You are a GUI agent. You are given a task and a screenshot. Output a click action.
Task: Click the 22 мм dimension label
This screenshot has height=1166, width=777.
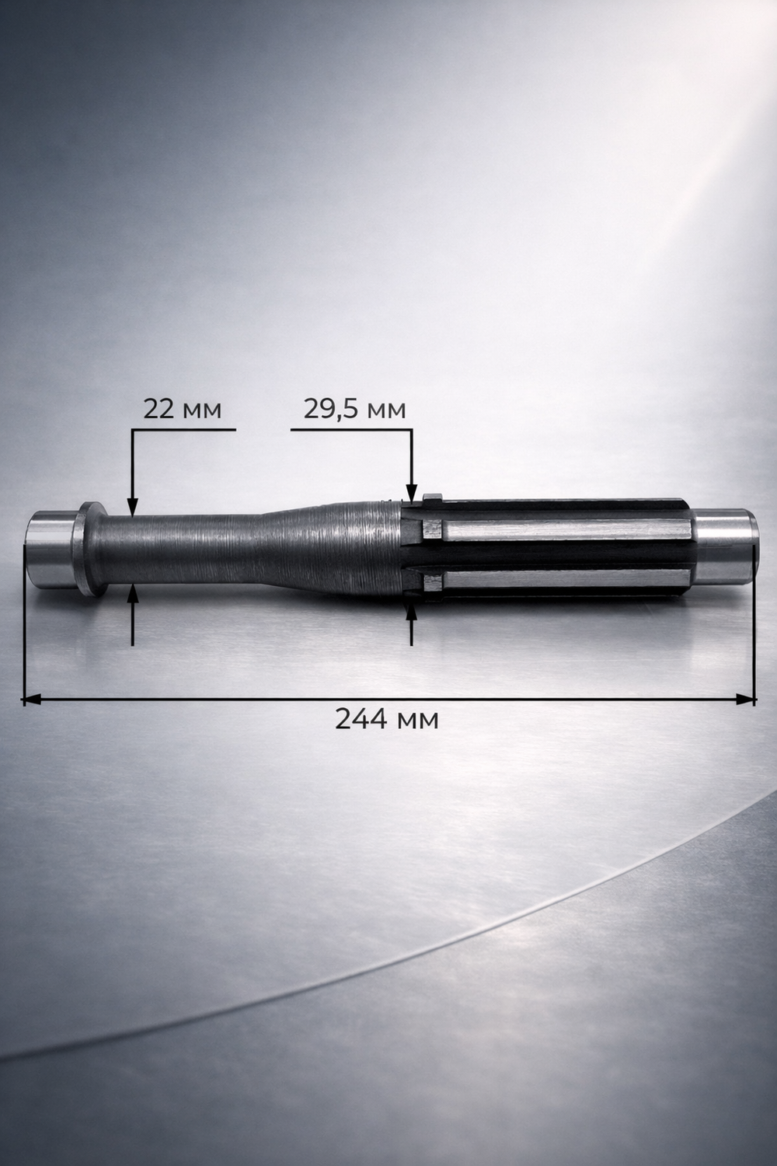coord(182,410)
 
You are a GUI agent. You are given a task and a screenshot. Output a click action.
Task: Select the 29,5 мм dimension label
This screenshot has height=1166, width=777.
coord(354,410)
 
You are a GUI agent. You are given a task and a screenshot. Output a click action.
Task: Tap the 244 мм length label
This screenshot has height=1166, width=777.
coord(387,719)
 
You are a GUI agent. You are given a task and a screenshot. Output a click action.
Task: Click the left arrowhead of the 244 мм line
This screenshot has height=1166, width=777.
coord(32,699)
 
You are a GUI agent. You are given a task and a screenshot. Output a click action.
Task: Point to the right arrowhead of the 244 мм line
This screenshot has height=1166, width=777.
coord(746,699)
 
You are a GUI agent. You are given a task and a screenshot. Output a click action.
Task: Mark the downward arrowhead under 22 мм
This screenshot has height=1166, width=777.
coord(133,507)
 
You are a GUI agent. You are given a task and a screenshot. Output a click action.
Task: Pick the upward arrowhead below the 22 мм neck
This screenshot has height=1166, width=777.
coord(133,593)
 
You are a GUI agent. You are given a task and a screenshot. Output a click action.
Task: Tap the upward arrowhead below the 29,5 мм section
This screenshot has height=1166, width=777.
coord(412,613)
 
